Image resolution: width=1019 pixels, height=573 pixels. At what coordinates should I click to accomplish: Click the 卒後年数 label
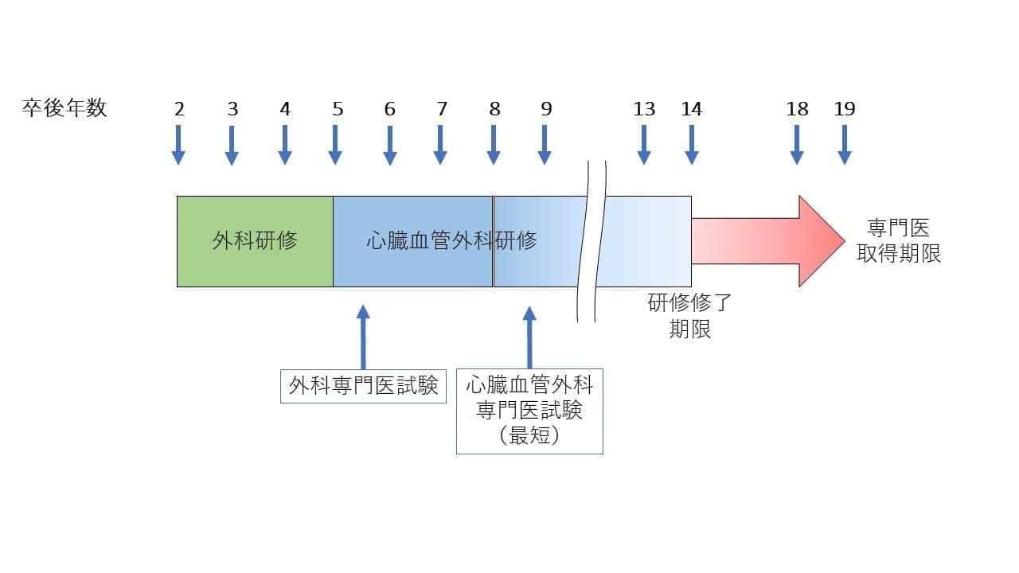point(64,109)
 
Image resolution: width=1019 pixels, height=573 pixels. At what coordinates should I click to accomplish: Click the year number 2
point(179,110)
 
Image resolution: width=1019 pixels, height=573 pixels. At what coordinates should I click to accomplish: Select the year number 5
point(338,110)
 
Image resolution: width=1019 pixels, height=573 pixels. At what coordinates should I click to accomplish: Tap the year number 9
point(546,110)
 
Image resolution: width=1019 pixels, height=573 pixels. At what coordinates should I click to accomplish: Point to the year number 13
point(644,110)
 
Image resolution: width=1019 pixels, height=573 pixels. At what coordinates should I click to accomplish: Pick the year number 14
point(691,110)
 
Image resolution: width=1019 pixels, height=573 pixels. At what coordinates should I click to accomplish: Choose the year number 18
point(797,110)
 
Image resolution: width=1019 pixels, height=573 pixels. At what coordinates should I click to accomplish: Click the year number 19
point(844,110)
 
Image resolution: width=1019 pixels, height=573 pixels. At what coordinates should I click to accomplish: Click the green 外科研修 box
point(255,240)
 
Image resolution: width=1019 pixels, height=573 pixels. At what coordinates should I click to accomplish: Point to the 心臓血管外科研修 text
point(452,240)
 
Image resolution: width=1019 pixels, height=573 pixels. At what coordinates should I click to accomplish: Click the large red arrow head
point(820,240)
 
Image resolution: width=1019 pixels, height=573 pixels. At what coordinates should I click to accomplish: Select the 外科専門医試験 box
point(363,386)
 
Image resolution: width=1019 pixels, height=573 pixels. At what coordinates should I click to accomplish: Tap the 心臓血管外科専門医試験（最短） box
point(529,411)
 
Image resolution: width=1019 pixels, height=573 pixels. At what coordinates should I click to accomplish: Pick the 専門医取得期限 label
point(899,241)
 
